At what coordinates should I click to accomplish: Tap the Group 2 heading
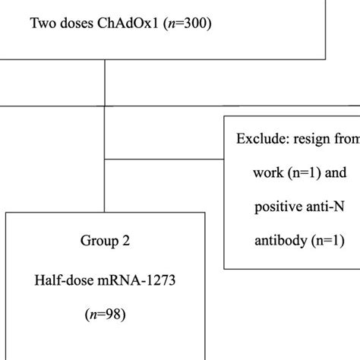coord(105,242)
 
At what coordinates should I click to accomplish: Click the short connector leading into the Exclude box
coord(163,160)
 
